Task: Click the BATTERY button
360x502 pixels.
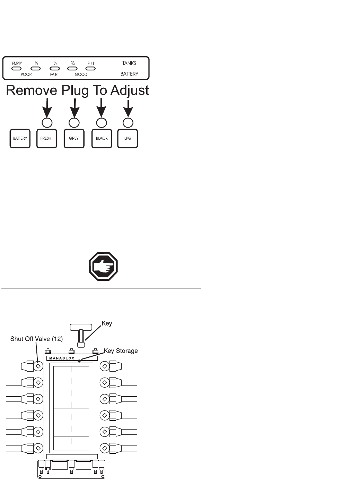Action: click(20, 138)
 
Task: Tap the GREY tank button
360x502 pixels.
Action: click(74, 138)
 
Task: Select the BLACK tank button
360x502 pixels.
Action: click(102, 138)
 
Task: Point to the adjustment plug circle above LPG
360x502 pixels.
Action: click(128, 122)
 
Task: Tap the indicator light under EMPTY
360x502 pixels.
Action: click(17, 69)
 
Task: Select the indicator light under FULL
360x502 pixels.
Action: click(90, 69)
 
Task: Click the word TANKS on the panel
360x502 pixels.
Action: click(129, 63)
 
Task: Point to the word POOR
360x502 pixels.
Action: click(26, 75)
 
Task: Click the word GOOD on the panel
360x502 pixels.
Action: click(81, 75)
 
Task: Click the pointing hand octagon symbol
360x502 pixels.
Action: click(103, 267)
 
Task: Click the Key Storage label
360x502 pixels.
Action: click(121, 351)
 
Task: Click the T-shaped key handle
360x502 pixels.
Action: click(81, 327)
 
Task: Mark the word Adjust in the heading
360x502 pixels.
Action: click(130, 90)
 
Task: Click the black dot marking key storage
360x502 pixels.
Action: click(79, 361)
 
